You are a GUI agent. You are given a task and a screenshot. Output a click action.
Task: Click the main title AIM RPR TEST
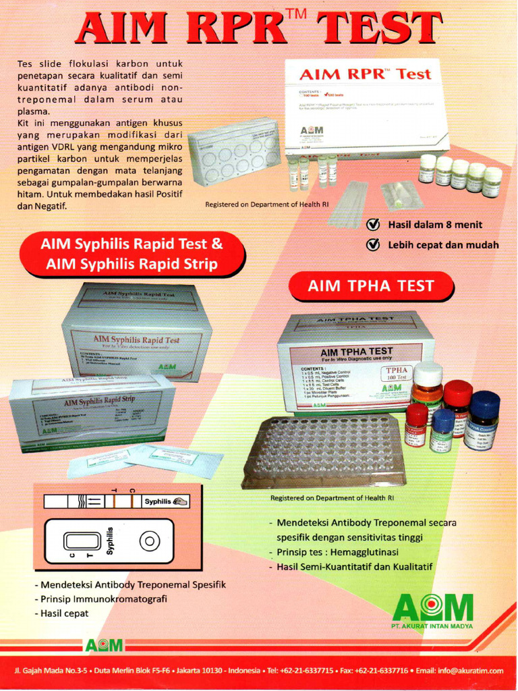260,29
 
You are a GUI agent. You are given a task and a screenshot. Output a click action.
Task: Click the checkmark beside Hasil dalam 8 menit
372,225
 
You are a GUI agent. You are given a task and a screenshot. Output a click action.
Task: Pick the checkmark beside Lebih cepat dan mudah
372,245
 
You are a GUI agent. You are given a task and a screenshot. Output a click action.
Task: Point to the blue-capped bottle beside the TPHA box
483,420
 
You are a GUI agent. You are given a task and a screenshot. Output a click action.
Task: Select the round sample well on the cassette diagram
149,541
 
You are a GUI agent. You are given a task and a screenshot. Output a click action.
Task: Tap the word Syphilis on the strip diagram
159,501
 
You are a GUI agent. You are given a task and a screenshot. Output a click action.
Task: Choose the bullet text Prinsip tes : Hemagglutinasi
337,552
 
